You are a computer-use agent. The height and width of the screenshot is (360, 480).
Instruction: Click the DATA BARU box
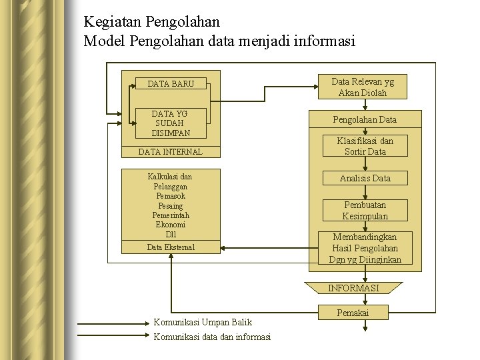(x=171, y=84)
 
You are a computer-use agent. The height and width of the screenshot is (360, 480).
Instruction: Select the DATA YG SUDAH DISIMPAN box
(x=171, y=123)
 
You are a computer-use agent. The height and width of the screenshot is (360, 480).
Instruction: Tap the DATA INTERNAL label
(x=170, y=152)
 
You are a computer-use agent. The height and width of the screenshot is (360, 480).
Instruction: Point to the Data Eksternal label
(x=171, y=247)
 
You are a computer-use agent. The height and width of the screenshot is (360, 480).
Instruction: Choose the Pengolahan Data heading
(x=365, y=120)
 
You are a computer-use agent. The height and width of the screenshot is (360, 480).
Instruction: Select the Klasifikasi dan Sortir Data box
(x=365, y=146)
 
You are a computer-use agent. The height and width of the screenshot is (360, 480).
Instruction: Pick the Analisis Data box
(x=365, y=178)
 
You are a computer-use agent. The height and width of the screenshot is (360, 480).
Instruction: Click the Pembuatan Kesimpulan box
(x=365, y=211)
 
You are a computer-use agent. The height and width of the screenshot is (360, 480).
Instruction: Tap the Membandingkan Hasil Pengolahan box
(x=365, y=248)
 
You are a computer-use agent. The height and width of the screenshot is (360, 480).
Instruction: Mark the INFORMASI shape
(x=353, y=288)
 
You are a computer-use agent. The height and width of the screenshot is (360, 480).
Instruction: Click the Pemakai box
(x=353, y=313)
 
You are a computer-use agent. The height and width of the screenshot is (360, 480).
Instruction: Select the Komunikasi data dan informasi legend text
(x=212, y=337)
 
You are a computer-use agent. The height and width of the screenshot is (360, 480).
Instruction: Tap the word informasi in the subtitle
(x=322, y=41)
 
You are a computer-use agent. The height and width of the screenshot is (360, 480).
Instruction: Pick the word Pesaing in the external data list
(x=171, y=206)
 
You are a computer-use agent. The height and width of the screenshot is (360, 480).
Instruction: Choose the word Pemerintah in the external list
(x=171, y=215)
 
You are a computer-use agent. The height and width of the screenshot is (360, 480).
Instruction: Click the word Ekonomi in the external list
(x=171, y=225)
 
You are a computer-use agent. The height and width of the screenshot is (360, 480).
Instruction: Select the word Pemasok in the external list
(x=171, y=197)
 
